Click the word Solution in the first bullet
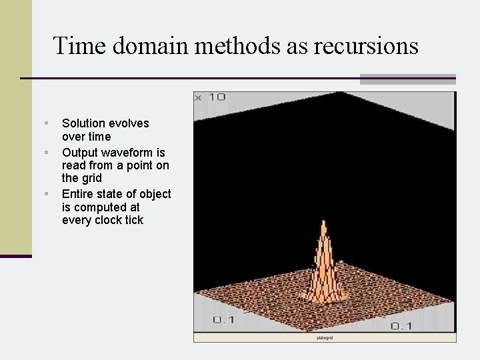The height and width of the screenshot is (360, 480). pyautogui.click(x=83, y=123)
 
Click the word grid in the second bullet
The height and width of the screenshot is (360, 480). pyautogui.click(x=91, y=178)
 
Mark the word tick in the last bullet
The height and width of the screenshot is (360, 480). pyautogui.click(x=134, y=220)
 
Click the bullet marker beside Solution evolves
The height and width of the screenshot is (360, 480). pyautogui.click(x=46, y=123)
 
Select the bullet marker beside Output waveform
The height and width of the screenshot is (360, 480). pyautogui.click(x=46, y=153)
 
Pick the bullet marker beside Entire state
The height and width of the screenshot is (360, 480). pyautogui.click(x=46, y=194)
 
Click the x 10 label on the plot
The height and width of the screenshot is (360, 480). pyautogui.click(x=211, y=97)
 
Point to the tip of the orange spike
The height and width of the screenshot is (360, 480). pyautogui.click(x=323, y=223)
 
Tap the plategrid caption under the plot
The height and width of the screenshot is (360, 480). pyautogui.click(x=325, y=338)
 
